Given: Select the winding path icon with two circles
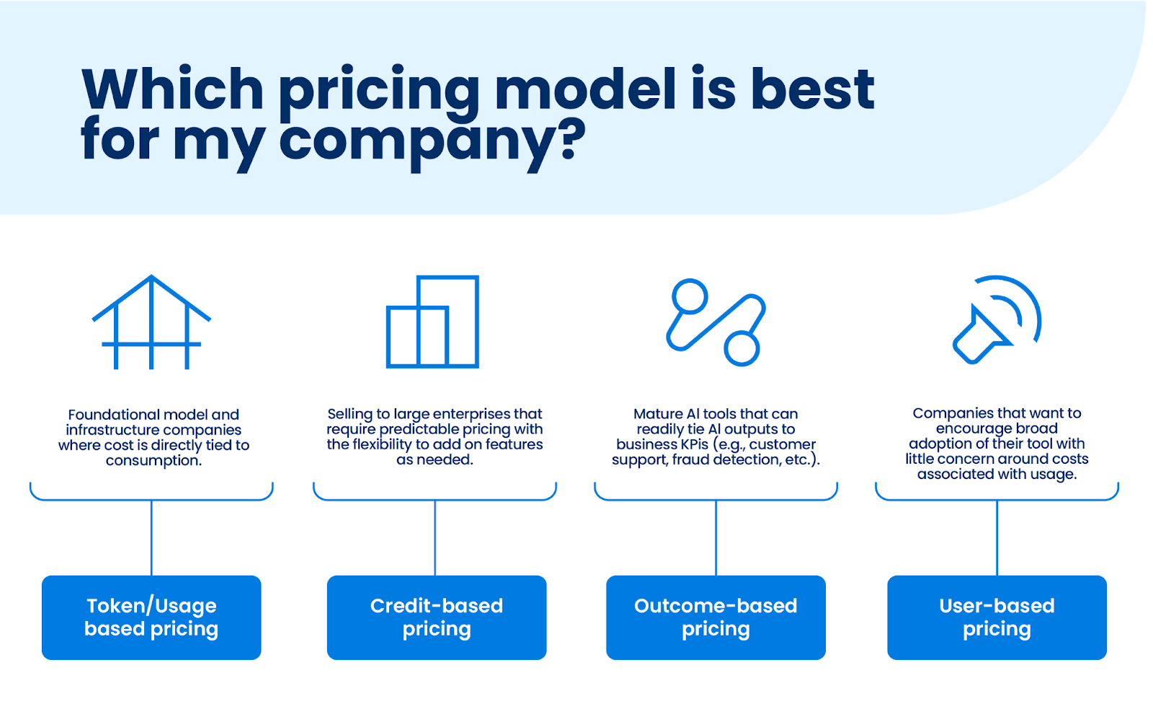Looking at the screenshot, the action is point(716,322).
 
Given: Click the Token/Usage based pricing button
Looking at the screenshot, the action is point(151,617).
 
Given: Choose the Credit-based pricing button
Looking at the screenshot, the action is point(437,617).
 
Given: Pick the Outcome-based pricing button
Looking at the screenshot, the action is point(716,617).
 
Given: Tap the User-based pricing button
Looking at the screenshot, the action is point(997,617).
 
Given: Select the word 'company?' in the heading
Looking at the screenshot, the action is point(433,141).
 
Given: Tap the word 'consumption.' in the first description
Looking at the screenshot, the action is point(154,460).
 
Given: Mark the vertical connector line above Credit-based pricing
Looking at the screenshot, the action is point(435,537).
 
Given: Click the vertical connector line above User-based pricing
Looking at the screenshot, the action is point(997,537).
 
